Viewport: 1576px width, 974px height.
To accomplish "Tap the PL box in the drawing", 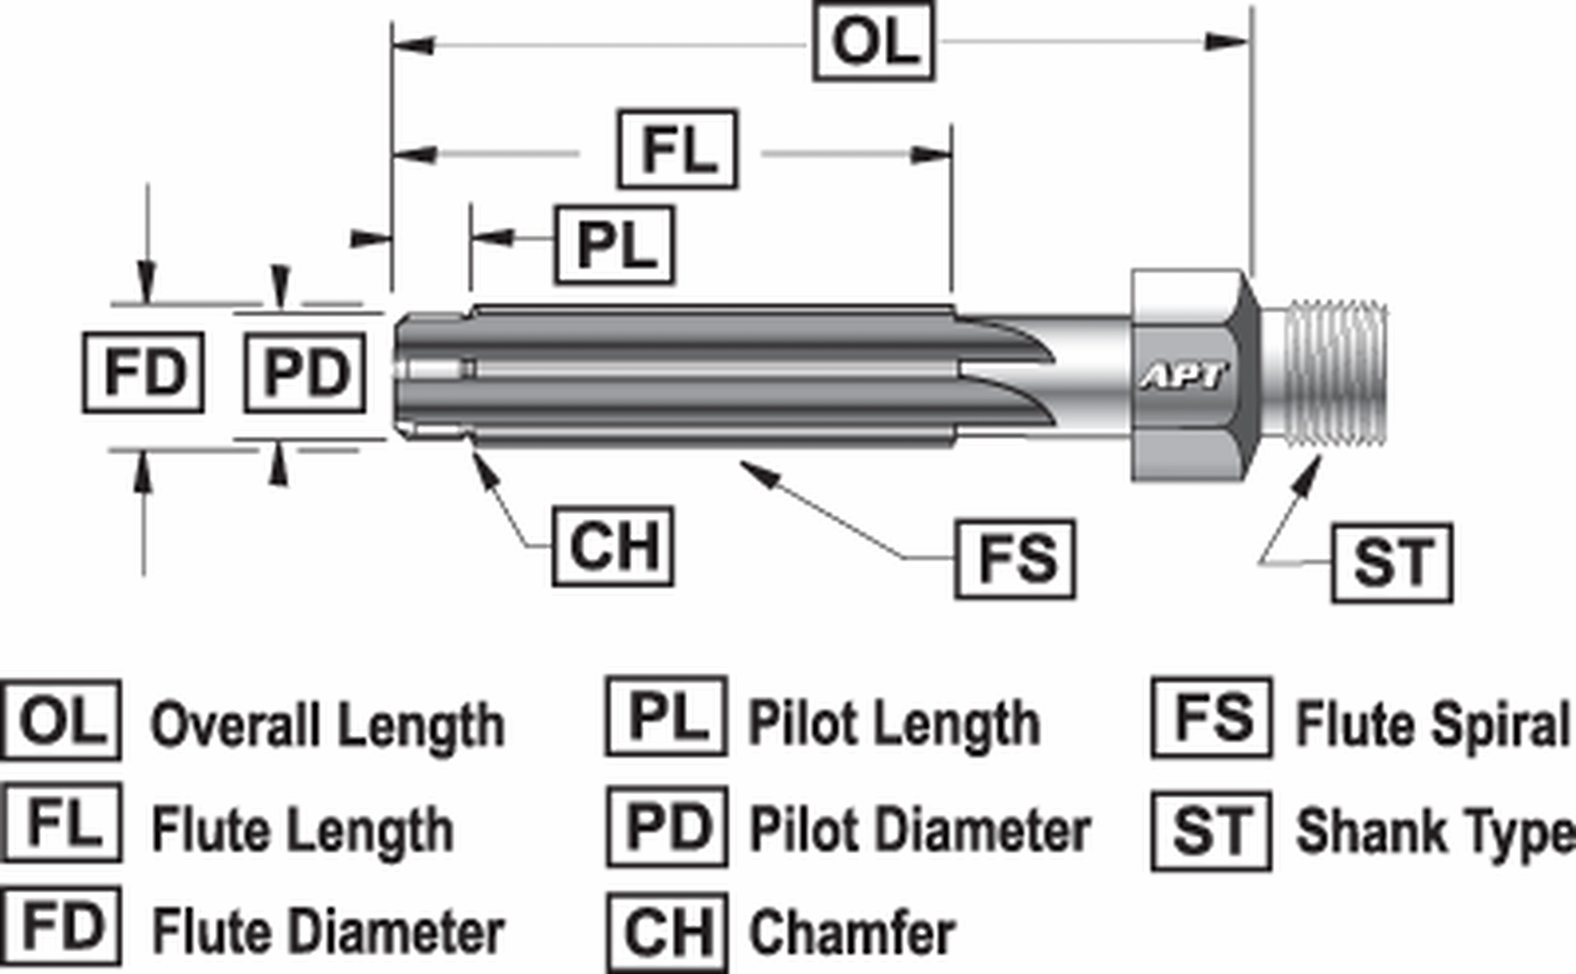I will click(x=616, y=246).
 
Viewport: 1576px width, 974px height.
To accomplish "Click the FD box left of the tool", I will click(x=144, y=372).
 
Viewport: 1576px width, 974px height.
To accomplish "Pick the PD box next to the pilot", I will click(x=305, y=372).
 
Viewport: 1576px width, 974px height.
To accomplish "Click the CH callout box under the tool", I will click(x=613, y=546).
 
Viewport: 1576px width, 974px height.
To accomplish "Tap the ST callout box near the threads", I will click(x=1392, y=563).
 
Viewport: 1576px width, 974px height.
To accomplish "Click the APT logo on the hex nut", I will click(x=1184, y=377).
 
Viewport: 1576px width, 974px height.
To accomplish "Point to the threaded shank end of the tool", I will click(x=1334, y=374).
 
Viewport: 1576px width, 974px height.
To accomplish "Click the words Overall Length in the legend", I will click(x=328, y=725).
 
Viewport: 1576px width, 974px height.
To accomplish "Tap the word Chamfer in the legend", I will click(x=852, y=933).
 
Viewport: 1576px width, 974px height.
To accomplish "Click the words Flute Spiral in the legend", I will click(x=1432, y=724).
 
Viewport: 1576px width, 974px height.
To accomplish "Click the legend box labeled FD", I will click(x=62, y=926).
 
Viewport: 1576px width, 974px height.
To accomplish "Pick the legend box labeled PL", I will click(x=667, y=717).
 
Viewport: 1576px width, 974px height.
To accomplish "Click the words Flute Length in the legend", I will click(x=303, y=829).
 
